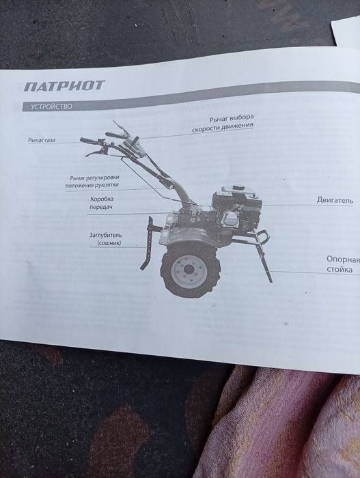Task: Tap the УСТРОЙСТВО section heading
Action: point(48,107)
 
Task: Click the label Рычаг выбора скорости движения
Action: point(223,122)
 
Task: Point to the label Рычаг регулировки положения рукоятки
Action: point(96,182)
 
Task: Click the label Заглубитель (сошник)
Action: point(105,239)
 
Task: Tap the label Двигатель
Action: point(335,201)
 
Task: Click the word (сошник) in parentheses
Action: point(109,243)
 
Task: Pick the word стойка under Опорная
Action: point(340,270)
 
